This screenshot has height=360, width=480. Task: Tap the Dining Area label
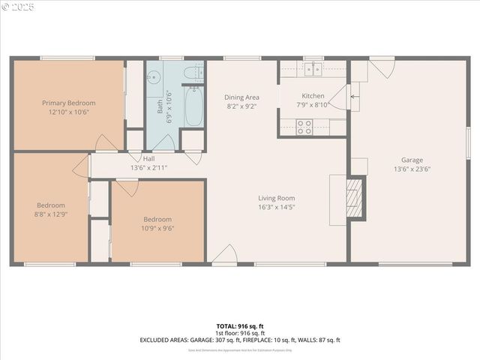tap(241, 97)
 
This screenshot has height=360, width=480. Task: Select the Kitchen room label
tap(313, 96)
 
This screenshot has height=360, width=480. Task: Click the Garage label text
tap(412, 160)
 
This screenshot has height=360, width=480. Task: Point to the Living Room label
tap(277, 198)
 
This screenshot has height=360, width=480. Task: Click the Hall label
tap(148, 159)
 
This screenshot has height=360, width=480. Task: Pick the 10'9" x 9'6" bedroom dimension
tap(157, 229)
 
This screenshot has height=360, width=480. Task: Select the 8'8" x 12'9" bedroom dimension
tap(51, 214)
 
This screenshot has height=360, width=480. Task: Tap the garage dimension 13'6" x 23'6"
tap(412, 169)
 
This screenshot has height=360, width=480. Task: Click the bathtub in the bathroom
tap(193, 107)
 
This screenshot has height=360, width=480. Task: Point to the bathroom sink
tap(154, 76)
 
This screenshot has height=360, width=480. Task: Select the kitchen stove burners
tap(304, 127)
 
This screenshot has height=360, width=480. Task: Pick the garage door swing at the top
tap(382, 68)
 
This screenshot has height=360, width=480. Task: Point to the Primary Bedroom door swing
tap(106, 142)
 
